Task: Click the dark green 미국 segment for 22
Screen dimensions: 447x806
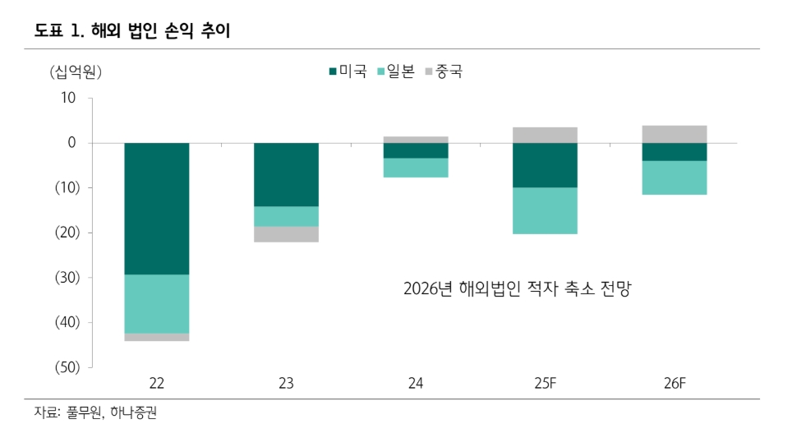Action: tap(157, 209)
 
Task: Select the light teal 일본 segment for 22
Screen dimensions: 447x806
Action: tap(157, 303)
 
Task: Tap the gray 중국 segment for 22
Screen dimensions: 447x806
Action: tap(157, 337)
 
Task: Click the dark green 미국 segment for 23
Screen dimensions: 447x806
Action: tap(286, 174)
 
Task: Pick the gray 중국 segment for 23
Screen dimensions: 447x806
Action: tap(286, 234)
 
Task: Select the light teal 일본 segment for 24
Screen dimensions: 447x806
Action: tap(416, 168)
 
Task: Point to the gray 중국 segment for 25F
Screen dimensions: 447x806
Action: tap(545, 135)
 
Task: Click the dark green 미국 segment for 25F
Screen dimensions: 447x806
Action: tap(545, 165)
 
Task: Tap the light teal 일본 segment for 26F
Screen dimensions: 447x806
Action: tap(674, 177)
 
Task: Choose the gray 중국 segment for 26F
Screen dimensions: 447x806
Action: tap(674, 134)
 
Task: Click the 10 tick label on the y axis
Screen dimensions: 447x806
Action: tap(67, 99)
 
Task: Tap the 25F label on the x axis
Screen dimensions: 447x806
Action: tap(545, 383)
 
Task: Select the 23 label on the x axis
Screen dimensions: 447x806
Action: tap(286, 383)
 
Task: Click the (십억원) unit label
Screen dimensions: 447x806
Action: tap(75, 72)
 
